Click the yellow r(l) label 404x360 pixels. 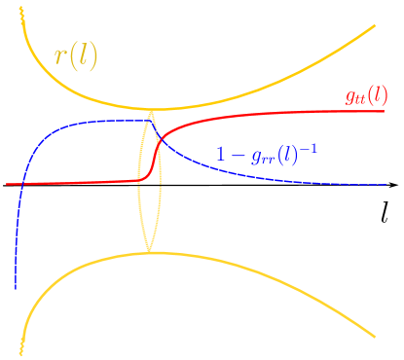[75, 56]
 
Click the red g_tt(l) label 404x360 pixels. [365, 96]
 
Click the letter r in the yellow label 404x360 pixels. [59, 57]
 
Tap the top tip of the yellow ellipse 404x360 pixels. [151, 111]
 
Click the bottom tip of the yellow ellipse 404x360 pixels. [149, 252]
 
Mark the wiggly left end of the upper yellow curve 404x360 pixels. [20, 12]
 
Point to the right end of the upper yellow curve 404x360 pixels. [376, 26]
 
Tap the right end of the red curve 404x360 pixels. [386, 110]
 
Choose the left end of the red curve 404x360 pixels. [7, 184]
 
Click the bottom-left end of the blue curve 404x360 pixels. [16, 288]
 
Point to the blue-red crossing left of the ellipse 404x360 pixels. [22, 183]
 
